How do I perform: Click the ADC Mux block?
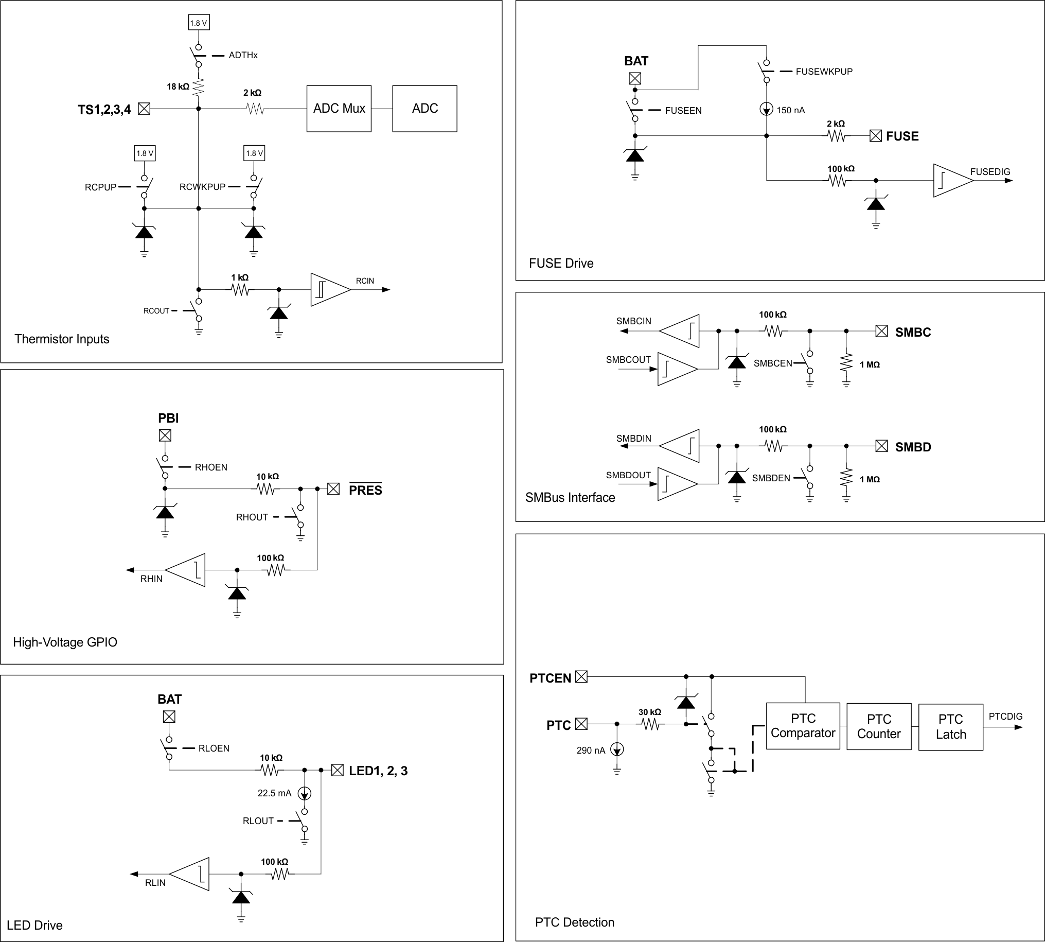(x=339, y=109)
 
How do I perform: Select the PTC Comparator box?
(x=802, y=726)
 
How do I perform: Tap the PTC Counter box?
(x=878, y=726)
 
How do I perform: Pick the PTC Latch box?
(x=950, y=727)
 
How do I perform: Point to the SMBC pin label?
(x=913, y=333)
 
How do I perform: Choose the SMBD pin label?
(x=913, y=447)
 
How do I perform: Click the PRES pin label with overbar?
(x=365, y=490)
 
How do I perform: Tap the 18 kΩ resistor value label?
(x=178, y=86)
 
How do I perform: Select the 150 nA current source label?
(x=790, y=110)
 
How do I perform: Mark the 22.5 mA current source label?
(x=274, y=793)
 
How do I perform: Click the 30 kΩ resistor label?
(x=649, y=712)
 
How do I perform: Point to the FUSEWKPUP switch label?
(x=824, y=72)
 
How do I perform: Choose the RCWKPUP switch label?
(x=202, y=187)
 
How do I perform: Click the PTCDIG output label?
(x=1005, y=717)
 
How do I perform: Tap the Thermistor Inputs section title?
(x=62, y=339)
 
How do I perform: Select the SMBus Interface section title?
(x=570, y=497)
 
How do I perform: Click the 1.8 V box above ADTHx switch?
(x=198, y=23)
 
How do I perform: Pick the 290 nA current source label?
(x=590, y=751)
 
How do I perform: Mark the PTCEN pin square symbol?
(x=581, y=676)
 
